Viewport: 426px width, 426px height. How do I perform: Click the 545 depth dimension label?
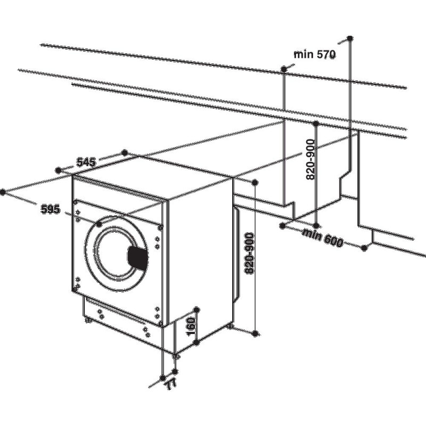(x=86, y=162)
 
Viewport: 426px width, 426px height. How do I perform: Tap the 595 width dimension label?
(x=50, y=209)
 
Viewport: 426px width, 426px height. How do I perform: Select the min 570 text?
(x=315, y=54)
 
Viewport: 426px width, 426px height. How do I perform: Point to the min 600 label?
(x=323, y=237)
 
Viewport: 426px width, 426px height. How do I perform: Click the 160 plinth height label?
(x=191, y=326)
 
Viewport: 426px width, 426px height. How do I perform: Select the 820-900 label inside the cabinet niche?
(x=310, y=159)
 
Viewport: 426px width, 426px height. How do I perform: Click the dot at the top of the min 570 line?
(x=350, y=38)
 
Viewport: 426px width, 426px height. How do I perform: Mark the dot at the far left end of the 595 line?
(x=3, y=192)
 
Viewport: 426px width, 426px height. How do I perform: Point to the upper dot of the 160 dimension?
(x=196, y=310)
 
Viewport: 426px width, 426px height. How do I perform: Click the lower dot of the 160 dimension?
(x=196, y=342)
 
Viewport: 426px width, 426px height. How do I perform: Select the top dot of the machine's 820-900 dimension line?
(x=255, y=183)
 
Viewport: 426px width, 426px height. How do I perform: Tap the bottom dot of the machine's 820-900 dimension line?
(x=255, y=333)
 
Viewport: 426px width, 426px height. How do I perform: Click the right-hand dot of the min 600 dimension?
(x=365, y=248)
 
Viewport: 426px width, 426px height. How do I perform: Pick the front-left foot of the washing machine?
(x=88, y=320)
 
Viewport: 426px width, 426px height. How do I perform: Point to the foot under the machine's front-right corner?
(x=176, y=356)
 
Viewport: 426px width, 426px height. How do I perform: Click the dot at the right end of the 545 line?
(x=125, y=153)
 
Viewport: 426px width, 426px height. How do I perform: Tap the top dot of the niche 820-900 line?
(x=316, y=124)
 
